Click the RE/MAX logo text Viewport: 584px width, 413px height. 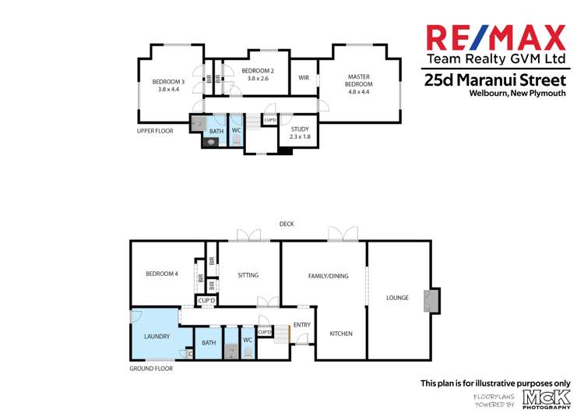(494, 39)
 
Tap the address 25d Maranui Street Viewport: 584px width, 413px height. (494, 79)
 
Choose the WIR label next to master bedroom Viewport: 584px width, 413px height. (304, 77)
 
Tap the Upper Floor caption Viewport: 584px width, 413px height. (155, 131)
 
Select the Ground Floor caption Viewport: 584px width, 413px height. (151, 368)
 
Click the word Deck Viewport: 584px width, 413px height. (287, 224)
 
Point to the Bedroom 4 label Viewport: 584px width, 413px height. (162, 274)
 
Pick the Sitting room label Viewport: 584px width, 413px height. (248, 275)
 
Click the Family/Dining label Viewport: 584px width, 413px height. (328, 276)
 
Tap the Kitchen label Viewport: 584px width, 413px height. (340, 334)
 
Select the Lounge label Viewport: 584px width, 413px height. (397, 298)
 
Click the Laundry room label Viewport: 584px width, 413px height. (158, 337)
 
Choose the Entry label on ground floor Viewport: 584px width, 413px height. (301, 325)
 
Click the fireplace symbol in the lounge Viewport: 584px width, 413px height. (427, 301)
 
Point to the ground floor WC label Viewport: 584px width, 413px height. (248, 341)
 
